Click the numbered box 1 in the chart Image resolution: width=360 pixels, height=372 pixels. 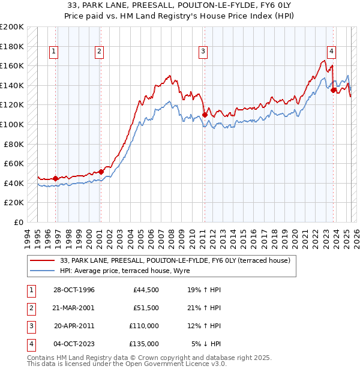[x=54, y=52]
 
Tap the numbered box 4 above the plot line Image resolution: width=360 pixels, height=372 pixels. [x=331, y=52]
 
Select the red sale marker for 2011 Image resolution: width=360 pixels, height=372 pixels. [x=205, y=115]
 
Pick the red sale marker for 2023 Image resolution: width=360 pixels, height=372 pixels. [x=333, y=91]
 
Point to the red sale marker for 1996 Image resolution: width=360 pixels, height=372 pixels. [x=56, y=178]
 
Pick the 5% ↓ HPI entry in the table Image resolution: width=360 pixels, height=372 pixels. [x=206, y=344]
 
